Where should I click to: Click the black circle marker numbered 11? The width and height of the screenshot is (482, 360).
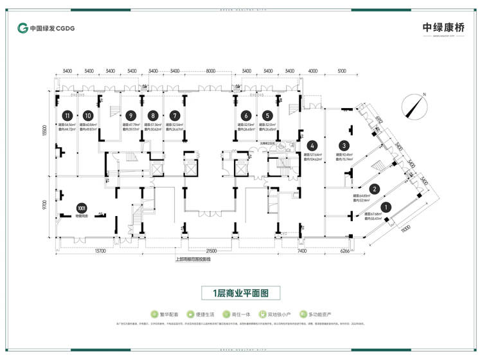point(66,116)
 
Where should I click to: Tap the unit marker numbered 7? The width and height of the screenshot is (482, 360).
point(175,116)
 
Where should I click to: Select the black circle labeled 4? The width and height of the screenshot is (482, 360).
point(311,146)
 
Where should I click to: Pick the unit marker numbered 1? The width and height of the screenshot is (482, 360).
point(386,207)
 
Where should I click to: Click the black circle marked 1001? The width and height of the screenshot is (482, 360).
point(81,208)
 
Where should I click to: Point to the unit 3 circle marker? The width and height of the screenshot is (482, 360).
point(344,146)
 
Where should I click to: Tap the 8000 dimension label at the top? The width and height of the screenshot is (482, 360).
point(211,71)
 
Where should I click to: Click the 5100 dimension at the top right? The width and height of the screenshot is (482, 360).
point(341,71)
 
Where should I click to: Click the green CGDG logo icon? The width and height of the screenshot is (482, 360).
point(23,28)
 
